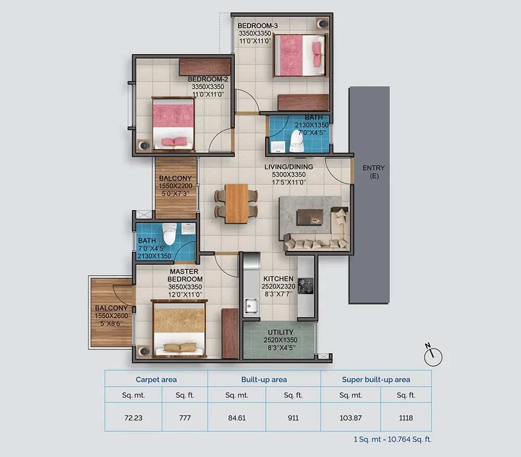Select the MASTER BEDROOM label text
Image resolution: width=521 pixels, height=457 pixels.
tap(185, 275)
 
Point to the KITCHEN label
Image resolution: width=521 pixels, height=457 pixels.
tap(278, 279)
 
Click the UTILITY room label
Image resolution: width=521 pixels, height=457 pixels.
tap(280, 332)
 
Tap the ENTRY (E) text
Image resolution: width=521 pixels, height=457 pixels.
tap(374, 172)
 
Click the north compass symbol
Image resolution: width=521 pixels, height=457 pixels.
tap(433, 356)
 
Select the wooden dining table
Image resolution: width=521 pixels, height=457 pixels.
tap(237, 203)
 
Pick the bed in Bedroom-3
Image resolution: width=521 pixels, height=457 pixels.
tap(299, 55)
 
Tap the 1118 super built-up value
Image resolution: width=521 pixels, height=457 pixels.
tap(406, 417)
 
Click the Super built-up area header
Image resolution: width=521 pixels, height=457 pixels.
tap(376, 379)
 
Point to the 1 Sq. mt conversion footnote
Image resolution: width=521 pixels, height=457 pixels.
tap(388, 439)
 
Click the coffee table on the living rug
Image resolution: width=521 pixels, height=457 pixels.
tap(309, 216)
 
